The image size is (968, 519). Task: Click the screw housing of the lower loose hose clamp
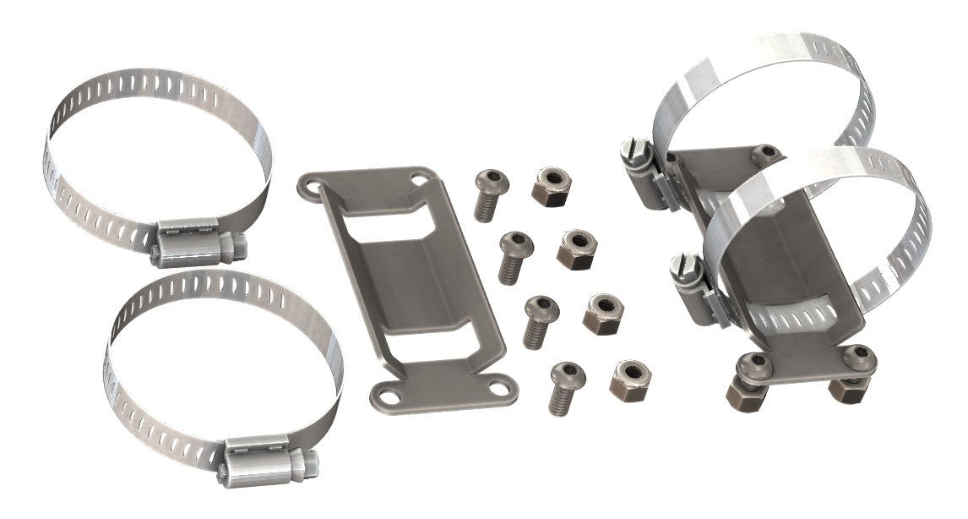pos(268,460)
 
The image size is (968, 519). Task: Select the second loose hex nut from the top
pos(578,249)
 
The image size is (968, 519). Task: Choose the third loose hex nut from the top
pos(604,313)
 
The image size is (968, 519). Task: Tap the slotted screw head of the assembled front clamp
pos(682,270)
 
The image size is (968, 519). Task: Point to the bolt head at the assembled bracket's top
pos(765,154)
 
